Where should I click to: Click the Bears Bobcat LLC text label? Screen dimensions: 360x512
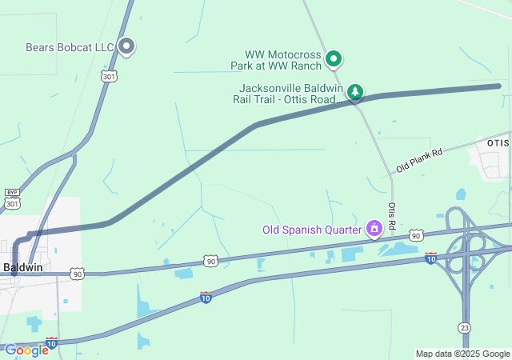[x=70, y=48]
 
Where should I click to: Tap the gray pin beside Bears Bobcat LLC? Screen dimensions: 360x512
[x=126, y=46]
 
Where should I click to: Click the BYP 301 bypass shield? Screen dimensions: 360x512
[x=12, y=199]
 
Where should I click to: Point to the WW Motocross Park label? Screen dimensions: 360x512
[x=278, y=59]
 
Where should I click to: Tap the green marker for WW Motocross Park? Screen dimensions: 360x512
[x=334, y=58]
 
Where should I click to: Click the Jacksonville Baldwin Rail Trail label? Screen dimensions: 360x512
[x=290, y=94]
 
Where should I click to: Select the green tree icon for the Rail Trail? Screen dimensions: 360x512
[x=354, y=92]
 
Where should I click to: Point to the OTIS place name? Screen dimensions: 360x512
[x=498, y=142]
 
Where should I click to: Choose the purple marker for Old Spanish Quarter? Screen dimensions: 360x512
[x=373, y=229]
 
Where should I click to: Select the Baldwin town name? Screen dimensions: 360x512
[x=22, y=266]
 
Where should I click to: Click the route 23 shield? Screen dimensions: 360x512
[x=464, y=328]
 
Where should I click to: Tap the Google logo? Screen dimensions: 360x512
[x=26, y=350]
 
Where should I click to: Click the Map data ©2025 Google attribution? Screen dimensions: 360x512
[x=462, y=354]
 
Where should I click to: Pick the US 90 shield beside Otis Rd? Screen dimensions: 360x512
[x=415, y=235]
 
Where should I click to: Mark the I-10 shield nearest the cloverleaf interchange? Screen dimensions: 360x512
[x=431, y=258]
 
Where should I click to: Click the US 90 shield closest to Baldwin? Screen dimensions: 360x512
[x=76, y=273]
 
